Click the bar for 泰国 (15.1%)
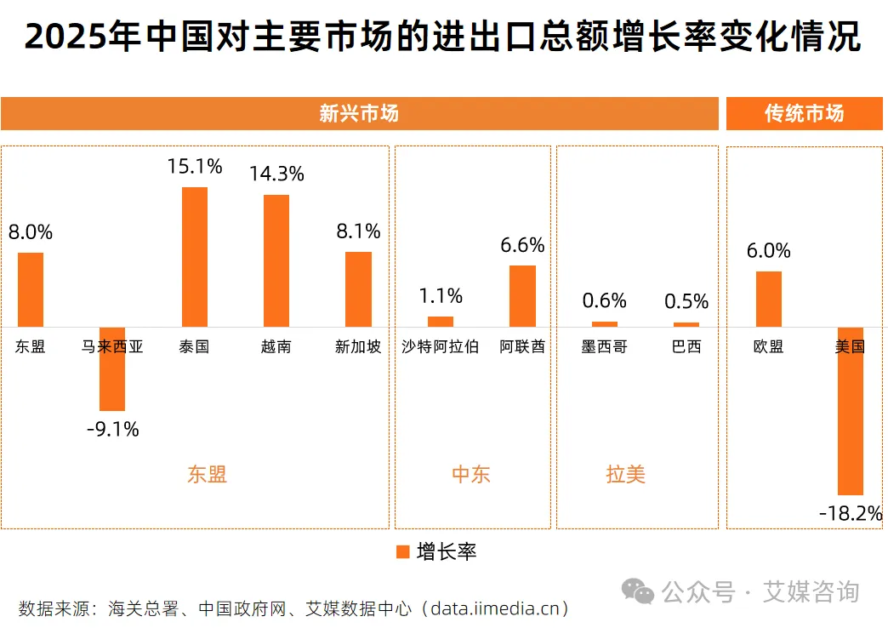(194, 256)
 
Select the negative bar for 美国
(850, 410)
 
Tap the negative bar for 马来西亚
(112, 368)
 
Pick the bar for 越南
(276, 260)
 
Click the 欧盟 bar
(768, 299)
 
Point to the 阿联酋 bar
(522, 295)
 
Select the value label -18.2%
(850, 513)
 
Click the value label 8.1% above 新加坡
(358, 231)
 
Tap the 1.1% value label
(441, 296)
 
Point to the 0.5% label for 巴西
(686, 302)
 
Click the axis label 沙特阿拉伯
(441, 347)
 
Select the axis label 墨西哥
(604, 347)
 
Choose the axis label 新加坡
(358, 347)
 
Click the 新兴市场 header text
(358, 114)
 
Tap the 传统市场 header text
(804, 114)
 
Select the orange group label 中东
(471, 474)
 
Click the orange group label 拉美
(625, 474)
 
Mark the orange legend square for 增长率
(403, 551)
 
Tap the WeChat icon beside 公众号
(638, 591)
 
